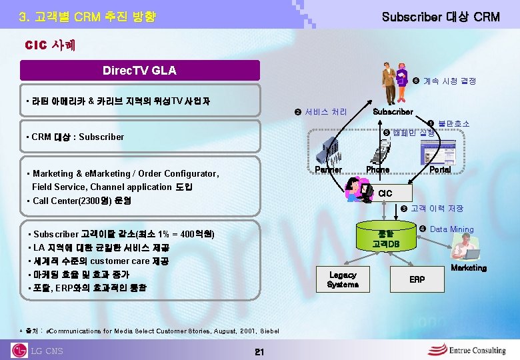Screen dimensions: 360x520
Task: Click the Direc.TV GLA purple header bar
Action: click(140, 70)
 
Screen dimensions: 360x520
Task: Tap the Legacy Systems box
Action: click(343, 280)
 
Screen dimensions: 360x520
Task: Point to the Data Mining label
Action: click(451, 229)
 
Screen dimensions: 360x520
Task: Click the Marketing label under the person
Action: click(469, 268)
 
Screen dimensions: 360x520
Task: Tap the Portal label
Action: click(439, 170)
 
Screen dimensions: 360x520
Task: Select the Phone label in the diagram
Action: click(377, 170)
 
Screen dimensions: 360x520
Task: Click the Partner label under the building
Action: click(327, 170)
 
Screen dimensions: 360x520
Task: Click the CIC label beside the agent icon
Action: click(385, 194)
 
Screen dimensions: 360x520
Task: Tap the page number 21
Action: click(260, 351)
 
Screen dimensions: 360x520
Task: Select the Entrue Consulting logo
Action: click(467, 350)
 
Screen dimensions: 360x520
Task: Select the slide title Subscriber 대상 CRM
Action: click(440, 17)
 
